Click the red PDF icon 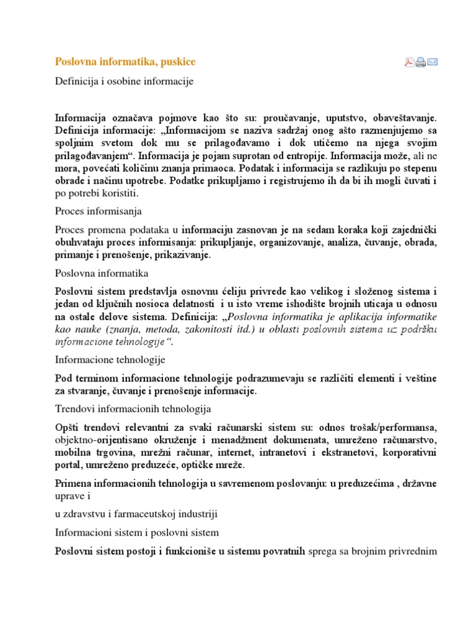(x=410, y=61)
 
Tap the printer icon (x=421, y=61)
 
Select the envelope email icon (x=433, y=61)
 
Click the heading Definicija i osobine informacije (x=125, y=81)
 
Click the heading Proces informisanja (x=99, y=212)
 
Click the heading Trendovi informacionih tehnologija (x=133, y=409)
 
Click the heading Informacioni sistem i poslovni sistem (x=137, y=532)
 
